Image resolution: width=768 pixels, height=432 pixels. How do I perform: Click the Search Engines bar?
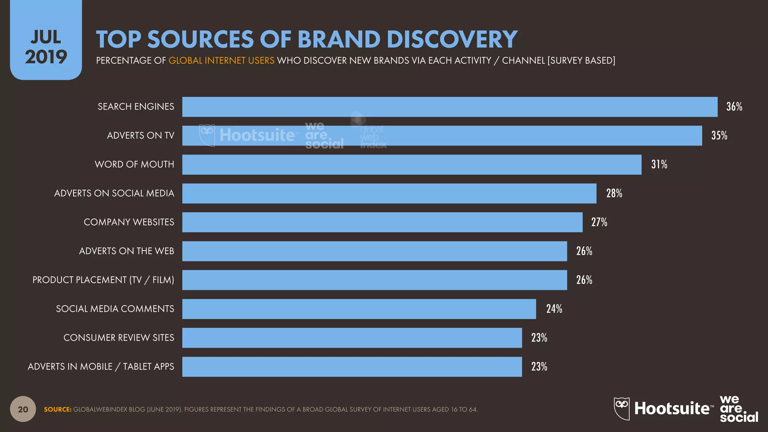[450, 107]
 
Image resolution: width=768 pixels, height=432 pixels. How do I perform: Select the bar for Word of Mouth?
[412, 165]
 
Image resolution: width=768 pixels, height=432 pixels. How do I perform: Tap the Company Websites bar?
[382, 222]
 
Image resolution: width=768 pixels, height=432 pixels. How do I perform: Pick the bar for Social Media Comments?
[359, 309]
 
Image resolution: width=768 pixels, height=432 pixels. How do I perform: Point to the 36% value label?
[734, 107]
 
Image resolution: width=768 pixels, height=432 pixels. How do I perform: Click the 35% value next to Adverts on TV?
[719, 136]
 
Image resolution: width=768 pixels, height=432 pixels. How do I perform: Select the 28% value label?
[614, 193]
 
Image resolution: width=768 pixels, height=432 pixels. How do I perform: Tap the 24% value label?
[554, 309]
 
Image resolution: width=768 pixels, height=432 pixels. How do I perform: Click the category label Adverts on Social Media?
[114, 193]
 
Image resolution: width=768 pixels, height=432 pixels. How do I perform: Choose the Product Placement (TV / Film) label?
[103, 280]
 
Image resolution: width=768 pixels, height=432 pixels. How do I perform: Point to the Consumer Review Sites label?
[118, 338]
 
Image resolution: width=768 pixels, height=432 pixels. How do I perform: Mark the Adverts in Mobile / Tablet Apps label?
[101, 367]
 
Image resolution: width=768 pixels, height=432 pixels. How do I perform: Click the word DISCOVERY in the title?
[452, 39]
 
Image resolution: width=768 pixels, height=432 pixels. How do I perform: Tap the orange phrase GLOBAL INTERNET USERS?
[221, 61]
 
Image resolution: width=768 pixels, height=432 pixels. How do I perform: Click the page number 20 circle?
[23, 409]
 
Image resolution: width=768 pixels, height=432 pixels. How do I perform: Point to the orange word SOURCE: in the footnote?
[57, 409]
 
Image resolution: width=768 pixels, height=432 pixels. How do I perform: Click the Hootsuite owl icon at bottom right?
[621, 408]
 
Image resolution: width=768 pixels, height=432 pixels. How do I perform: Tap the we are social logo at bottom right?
[738, 409]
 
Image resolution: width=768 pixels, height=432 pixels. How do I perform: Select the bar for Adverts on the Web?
[374, 251]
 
